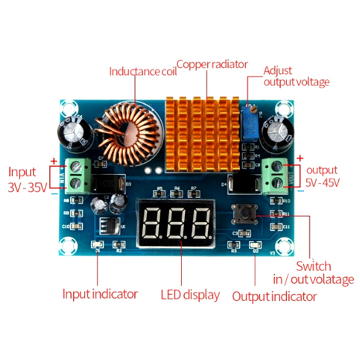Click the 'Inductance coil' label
[x=143, y=71]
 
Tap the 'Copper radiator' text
[x=212, y=65]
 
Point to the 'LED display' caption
[x=190, y=295]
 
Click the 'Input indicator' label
[x=100, y=294]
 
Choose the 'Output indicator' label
[x=274, y=297]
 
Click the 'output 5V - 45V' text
[x=322, y=176]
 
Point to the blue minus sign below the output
[x=301, y=191]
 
